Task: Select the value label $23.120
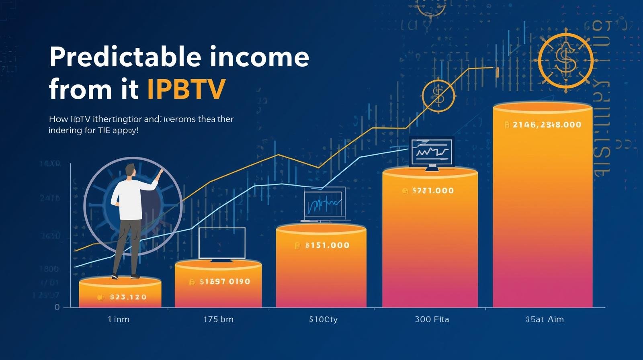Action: pos(128,297)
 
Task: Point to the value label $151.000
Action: pos(327,245)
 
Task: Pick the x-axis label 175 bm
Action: pos(218,319)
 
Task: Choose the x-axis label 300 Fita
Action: pos(432,319)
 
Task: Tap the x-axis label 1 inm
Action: pos(119,319)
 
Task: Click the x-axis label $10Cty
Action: pos(323,319)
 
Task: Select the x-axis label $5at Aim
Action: pos(545,319)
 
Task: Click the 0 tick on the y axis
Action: pos(57,307)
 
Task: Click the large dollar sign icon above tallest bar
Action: pos(565,60)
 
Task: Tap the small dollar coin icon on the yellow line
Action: pos(438,96)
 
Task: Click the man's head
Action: pos(130,170)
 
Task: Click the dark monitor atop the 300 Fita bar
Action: pos(432,153)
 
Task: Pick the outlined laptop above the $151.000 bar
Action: pos(324,203)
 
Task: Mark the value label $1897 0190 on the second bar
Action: pos(225,282)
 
